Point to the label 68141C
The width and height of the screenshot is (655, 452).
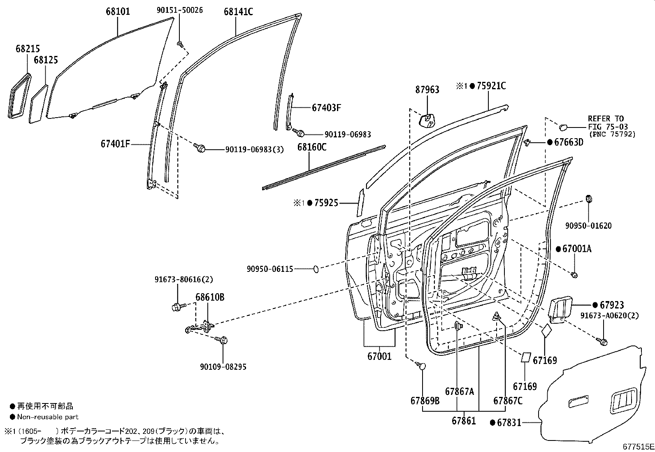point(238,12)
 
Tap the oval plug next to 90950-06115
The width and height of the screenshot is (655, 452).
point(316,269)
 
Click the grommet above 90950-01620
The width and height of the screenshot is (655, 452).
point(589,199)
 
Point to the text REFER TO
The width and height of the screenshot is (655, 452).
point(605,119)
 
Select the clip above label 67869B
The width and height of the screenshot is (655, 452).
point(422,366)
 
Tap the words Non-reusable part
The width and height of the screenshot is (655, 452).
point(48,417)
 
